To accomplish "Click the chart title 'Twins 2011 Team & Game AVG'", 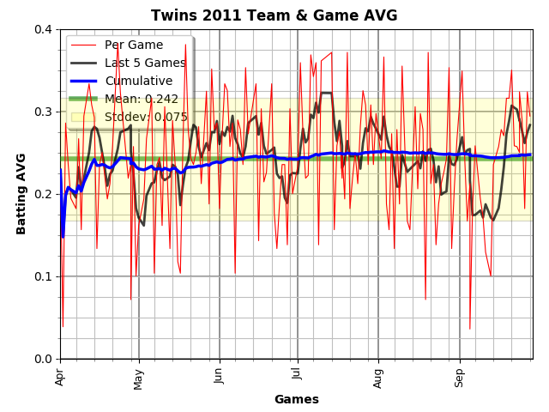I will point(274,15).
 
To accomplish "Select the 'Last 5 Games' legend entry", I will point(145,63).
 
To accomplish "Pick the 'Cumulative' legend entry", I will point(138,81).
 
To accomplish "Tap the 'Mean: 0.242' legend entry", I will point(142,99).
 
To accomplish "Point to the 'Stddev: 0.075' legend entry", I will point(146,117).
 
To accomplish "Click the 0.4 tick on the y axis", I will point(43,29).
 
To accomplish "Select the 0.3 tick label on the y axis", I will point(43,112).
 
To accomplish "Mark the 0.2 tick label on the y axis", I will point(43,194).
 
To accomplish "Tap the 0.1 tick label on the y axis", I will point(43,276).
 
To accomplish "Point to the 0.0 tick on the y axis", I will point(43,359).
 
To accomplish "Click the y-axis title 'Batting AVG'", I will point(21,194).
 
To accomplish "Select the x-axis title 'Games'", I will point(296,399).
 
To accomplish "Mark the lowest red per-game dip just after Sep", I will point(469,329).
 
